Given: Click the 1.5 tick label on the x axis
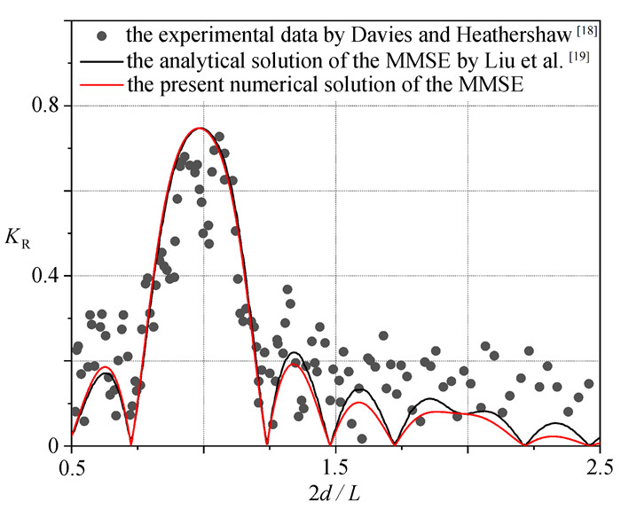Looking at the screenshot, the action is [x=336, y=467].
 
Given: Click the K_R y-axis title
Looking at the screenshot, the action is [x=18, y=239].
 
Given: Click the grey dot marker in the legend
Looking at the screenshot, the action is [x=102, y=36].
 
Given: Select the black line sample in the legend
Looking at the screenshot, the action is [x=100, y=61].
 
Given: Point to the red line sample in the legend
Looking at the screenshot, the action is [x=100, y=85].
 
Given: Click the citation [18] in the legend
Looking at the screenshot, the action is [x=586, y=31].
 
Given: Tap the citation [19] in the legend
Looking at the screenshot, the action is [x=578, y=57].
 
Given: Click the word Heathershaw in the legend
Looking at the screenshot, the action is [x=514, y=35].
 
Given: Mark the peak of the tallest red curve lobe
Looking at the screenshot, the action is [x=200, y=128].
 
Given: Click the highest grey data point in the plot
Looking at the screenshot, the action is [x=219, y=137].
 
